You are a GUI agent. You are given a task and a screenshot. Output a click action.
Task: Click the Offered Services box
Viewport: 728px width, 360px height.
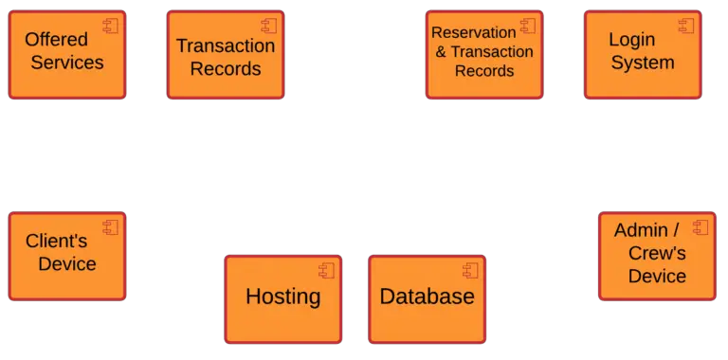point(66,54)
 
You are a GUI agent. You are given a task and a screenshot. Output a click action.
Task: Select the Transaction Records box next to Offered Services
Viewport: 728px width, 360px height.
point(226,54)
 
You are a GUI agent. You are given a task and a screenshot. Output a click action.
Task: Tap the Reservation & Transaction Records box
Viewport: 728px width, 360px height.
point(484,54)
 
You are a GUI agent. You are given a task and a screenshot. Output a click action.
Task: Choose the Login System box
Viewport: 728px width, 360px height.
point(643,54)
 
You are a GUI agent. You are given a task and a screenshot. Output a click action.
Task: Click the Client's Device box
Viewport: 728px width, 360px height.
point(66,256)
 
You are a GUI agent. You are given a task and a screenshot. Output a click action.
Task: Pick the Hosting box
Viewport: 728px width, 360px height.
point(282,298)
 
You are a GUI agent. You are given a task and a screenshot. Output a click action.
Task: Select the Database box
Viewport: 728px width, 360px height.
point(427,298)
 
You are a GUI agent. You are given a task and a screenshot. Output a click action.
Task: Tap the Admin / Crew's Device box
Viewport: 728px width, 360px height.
point(657,256)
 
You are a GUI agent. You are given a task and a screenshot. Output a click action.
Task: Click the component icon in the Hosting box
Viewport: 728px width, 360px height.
point(327,270)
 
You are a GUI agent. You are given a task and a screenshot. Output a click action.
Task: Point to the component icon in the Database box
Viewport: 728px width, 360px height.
point(471,270)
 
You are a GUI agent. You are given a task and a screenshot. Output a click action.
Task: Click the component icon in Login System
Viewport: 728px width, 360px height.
point(686,26)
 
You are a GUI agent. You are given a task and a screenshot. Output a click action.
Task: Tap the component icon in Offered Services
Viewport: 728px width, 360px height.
point(110,26)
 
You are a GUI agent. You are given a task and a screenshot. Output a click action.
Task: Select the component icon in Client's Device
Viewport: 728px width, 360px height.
point(111,227)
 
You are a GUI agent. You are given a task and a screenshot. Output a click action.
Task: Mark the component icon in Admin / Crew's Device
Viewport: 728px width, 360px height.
point(701,227)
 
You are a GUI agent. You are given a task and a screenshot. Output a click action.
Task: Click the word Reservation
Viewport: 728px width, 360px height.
point(474,33)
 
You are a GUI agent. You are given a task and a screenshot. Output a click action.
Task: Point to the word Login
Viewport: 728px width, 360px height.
point(632,40)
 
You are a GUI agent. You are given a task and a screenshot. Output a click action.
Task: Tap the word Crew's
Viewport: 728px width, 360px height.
point(657,253)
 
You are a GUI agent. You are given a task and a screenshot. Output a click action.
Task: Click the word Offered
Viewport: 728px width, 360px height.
point(56,40)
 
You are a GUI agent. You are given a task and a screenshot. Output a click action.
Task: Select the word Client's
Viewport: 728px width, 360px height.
point(56,242)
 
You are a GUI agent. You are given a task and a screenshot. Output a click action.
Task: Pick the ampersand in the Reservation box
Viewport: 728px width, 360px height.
point(441,52)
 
